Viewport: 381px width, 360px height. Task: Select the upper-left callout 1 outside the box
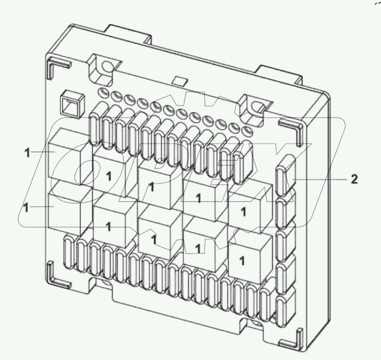point(28,152)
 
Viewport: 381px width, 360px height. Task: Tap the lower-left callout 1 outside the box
point(28,207)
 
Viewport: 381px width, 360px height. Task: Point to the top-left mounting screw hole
point(104,64)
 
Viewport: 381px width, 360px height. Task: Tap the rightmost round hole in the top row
point(246,130)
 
